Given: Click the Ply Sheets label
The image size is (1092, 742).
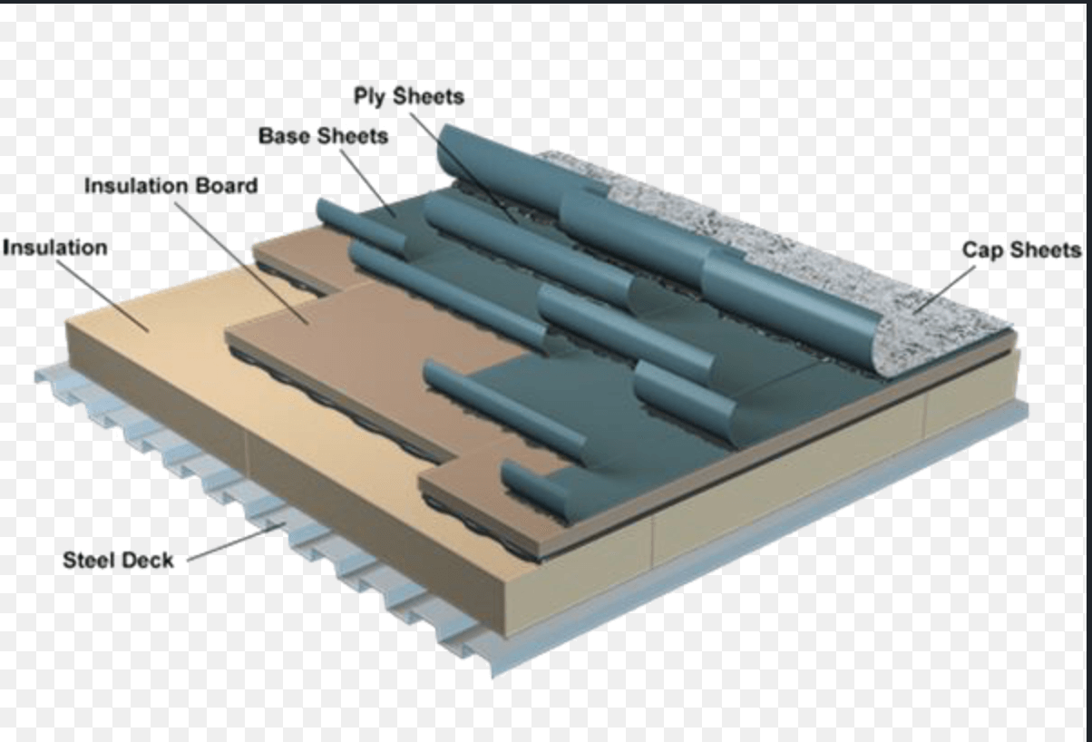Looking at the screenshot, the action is coord(407,97).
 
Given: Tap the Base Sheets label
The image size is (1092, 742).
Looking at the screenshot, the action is coord(323,137).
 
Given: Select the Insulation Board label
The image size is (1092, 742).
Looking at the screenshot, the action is coord(171,186).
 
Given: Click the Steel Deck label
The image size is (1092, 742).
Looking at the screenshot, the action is coord(118,560).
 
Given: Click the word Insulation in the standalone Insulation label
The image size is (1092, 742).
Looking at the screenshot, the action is coord(54,248).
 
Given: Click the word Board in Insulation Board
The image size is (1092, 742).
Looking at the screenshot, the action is coord(227,186).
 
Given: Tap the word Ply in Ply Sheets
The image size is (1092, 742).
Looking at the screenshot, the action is coord(369,97).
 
